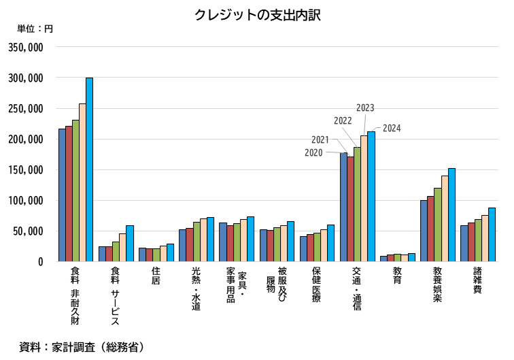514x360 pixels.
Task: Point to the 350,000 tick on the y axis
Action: [26, 48]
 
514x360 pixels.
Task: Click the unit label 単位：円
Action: [35, 29]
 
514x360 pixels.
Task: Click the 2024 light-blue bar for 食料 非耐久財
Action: [89, 169]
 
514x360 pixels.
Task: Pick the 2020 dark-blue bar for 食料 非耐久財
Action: [62, 195]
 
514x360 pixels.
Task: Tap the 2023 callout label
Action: [365, 108]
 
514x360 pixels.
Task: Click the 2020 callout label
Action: [313, 152]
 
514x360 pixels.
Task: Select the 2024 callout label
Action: [392, 128]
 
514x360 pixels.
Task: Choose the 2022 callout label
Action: [343, 120]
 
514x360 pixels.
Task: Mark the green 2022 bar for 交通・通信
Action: [357, 204]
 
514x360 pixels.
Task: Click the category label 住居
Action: [156, 276]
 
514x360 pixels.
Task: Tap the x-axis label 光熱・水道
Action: [196, 289]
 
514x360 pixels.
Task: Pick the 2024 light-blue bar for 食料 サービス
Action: [129, 243]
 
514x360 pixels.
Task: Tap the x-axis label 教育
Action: [397, 276]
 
